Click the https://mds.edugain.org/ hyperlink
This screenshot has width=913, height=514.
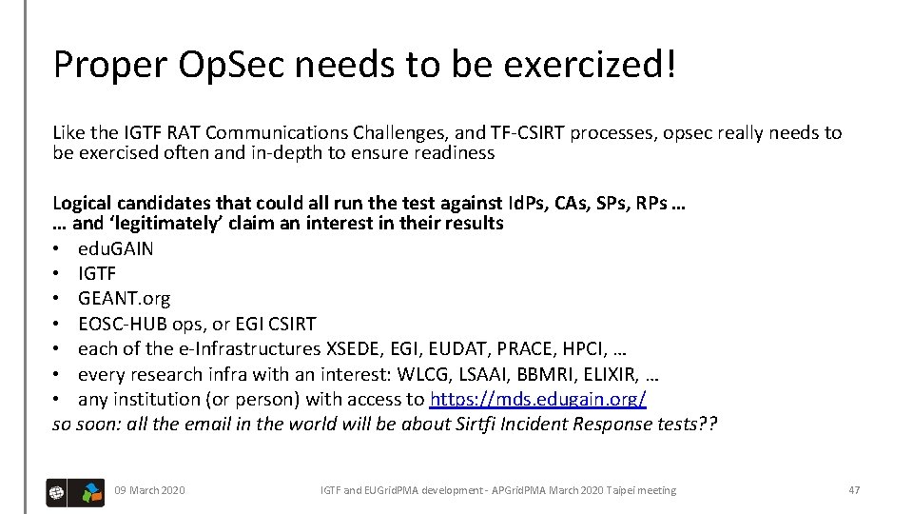click(x=537, y=399)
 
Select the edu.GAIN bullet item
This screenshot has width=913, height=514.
click(x=115, y=248)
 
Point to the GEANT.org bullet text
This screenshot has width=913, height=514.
click(x=124, y=298)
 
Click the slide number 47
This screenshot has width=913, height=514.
click(x=853, y=490)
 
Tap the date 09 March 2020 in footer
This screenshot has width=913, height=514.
click(x=149, y=490)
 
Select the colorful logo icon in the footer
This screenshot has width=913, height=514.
click(x=91, y=491)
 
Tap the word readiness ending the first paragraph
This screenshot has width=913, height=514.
click(x=456, y=152)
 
